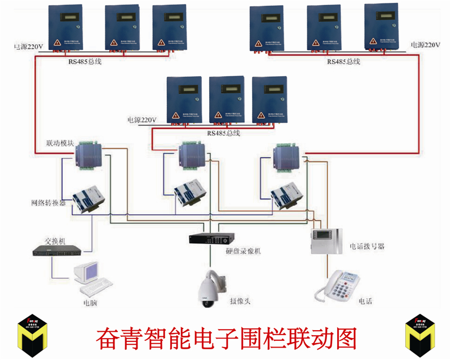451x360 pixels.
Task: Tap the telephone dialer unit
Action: click(325, 241)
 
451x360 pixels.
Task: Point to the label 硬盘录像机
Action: click(243, 252)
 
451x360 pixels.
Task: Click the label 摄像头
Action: click(240, 301)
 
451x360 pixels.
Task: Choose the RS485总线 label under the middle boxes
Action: click(224, 134)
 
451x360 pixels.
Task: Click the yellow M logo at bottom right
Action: click(422, 336)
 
